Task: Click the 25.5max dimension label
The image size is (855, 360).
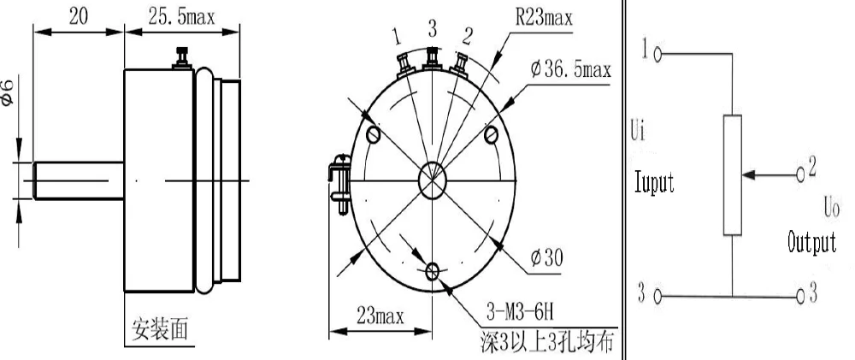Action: tap(181, 17)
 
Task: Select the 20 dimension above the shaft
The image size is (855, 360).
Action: tap(78, 17)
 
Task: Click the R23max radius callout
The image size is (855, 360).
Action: tap(544, 18)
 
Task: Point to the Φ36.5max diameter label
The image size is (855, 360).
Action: tap(570, 70)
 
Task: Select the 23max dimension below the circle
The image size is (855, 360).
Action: tap(380, 316)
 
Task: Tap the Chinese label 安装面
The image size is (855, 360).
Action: tap(161, 329)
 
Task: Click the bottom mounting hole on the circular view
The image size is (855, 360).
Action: tap(433, 270)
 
